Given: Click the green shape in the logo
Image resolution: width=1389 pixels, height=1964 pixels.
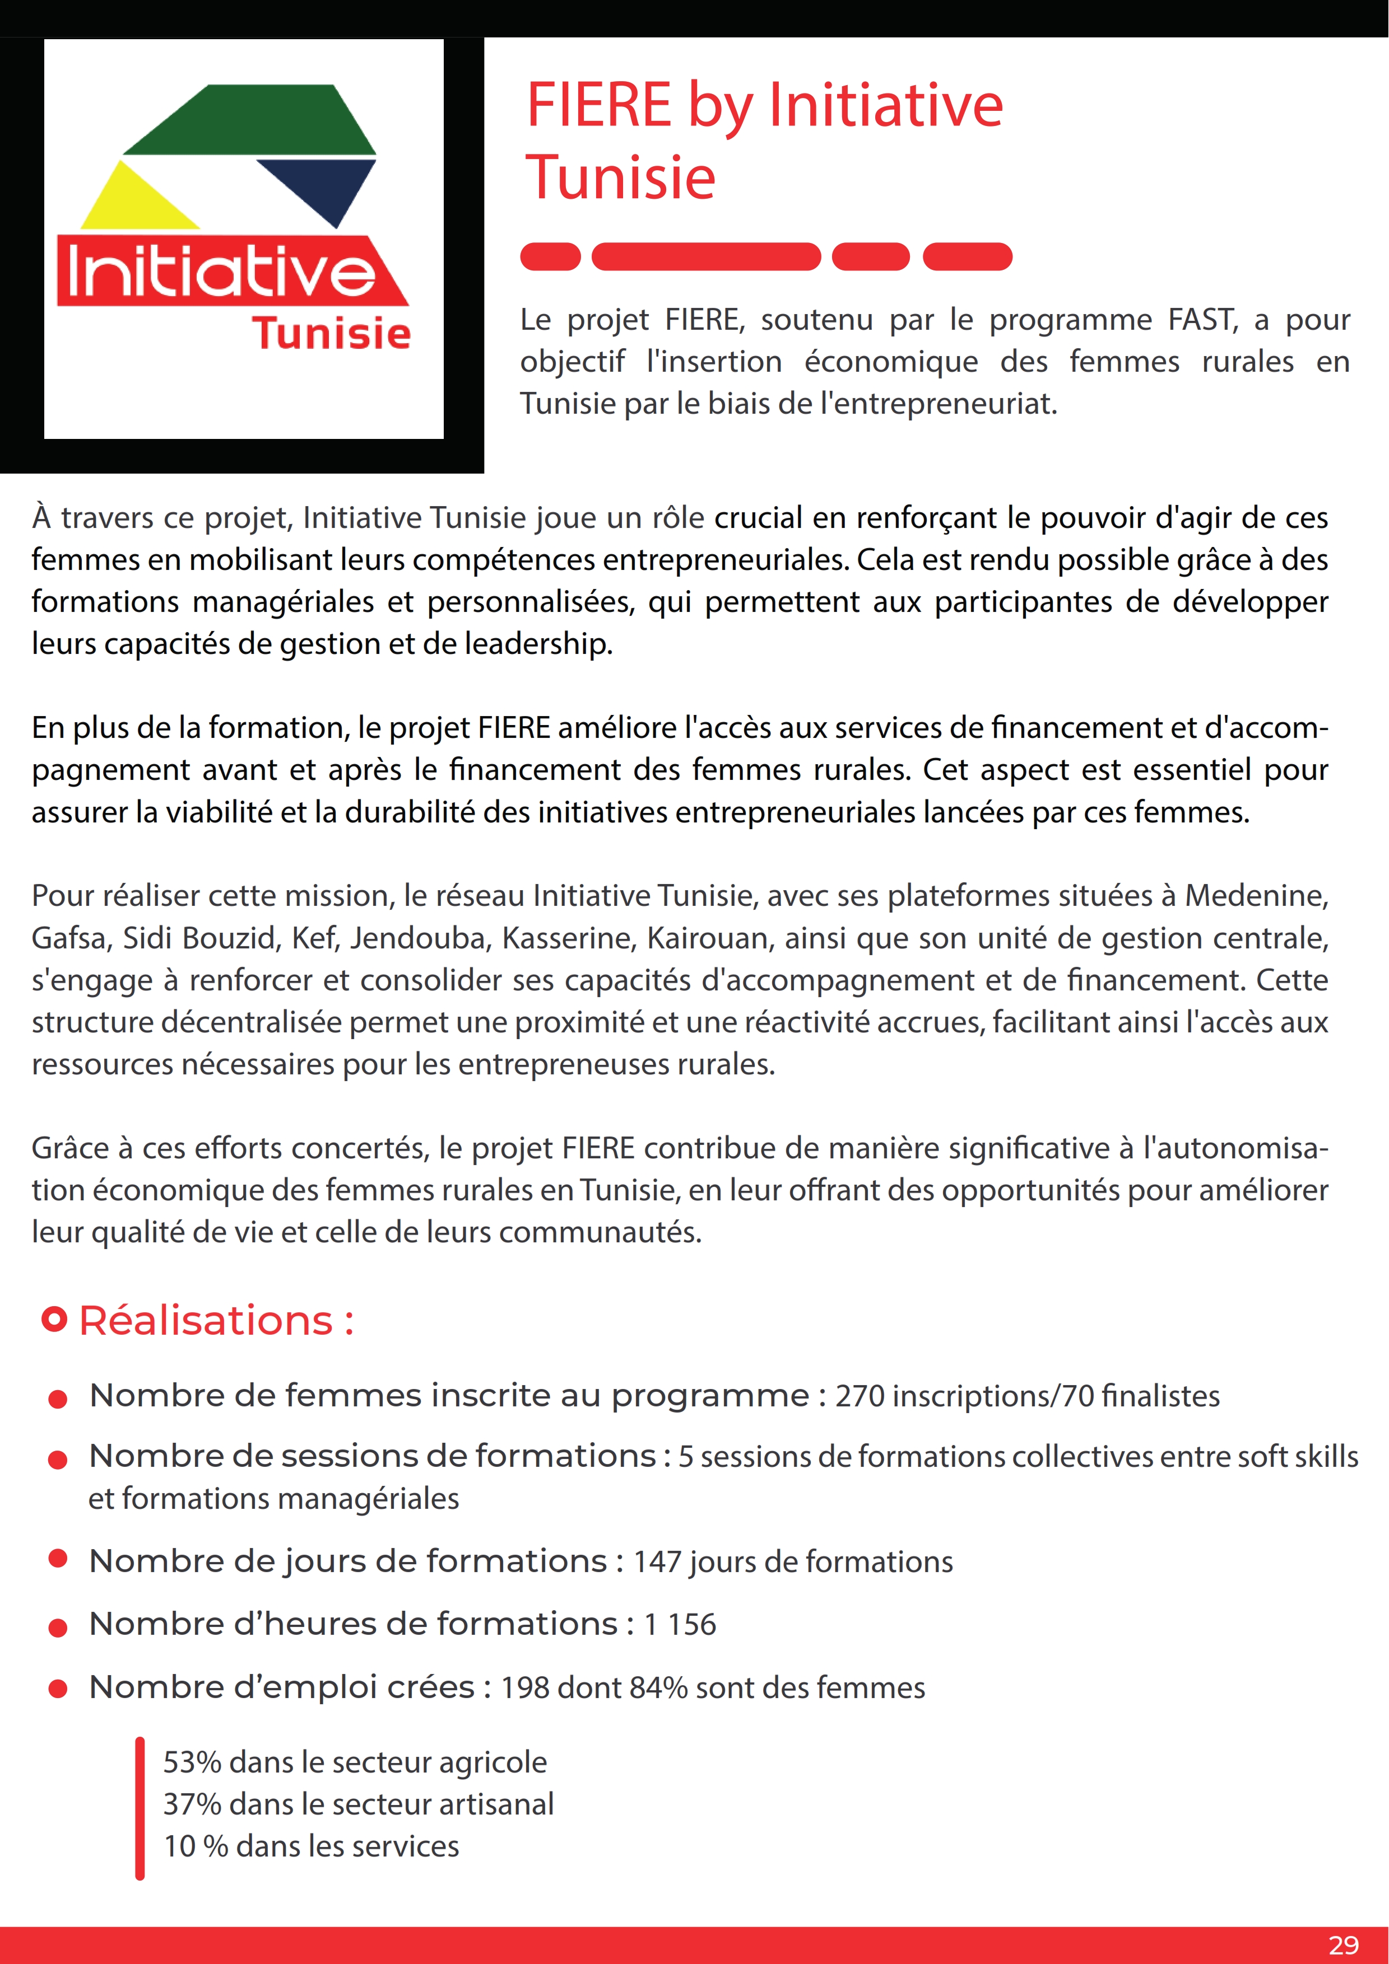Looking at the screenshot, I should pos(257,120).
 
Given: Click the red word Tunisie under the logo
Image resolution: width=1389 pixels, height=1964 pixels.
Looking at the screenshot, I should pos(331,334).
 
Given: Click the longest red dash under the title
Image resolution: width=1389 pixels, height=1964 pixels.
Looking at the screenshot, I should pos(705,256).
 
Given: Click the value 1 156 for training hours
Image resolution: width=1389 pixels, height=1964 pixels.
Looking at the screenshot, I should pos(680,1624).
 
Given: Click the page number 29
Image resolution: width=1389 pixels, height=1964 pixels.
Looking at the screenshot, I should pos(1343,1945).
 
